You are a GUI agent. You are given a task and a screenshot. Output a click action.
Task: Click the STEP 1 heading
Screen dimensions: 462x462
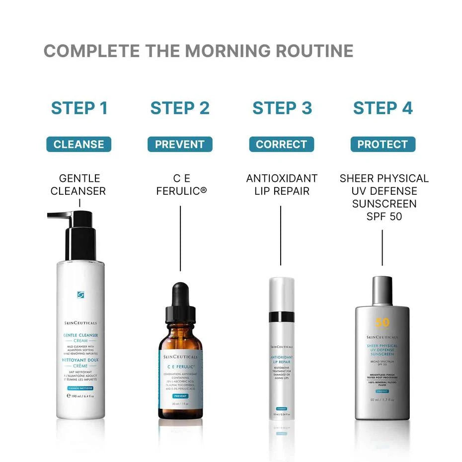pyautogui.click(x=79, y=108)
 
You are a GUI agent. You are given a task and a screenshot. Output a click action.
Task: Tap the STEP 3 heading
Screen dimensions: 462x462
pyautogui.click(x=282, y=108)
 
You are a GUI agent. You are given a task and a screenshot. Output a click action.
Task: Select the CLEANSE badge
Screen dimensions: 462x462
pyautogui.click(x=79, y=145)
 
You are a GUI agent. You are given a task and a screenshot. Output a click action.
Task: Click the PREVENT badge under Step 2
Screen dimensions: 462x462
pyautogui.click(x=180, y=145)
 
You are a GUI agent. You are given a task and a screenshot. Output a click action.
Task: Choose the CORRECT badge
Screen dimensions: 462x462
pyautogui.click(x=281, y=145)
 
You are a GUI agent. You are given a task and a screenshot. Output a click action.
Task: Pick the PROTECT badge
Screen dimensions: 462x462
pyautogui.click(x=383, y=145)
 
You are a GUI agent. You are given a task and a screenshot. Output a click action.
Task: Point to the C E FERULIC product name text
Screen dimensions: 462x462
pyautogui.click(x=181, y=184)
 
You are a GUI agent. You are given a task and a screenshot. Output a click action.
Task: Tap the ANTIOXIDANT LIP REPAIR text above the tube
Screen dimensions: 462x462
pyautogui.click(x=282, y=184)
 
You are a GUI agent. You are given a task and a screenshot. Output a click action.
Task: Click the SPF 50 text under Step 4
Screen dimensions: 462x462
pyautogui.click(x=383, y=217)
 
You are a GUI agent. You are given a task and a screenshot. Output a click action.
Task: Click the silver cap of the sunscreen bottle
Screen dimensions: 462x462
pyautogui.click(x=382, y=291)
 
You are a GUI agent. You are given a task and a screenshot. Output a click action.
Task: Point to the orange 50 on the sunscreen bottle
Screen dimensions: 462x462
pyautogui.click(x=382, y=322)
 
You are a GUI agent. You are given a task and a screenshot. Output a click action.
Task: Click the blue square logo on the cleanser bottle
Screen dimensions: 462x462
pyautogui.click(x=80, y=295)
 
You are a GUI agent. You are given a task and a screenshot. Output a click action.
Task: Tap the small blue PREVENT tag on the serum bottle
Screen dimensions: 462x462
pyautogui.click(x=180, y=396)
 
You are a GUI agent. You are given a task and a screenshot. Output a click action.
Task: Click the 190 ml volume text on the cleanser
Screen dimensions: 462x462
pyautogui.click(x=80, y=396)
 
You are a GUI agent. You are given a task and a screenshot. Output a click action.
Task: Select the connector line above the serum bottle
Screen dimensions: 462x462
pyautogui.click(x=180, y=238)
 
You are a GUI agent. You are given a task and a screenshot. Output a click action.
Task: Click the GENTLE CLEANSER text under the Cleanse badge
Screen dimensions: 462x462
pyautogui.click(x=78, y=184)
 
